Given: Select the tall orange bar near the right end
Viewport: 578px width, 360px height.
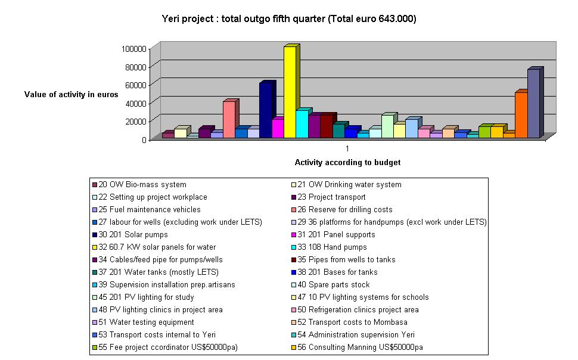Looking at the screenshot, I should (521, 115).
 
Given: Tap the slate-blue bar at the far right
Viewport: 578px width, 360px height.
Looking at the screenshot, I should (533, 104).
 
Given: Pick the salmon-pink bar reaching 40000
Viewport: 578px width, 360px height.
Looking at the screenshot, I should (229, 120).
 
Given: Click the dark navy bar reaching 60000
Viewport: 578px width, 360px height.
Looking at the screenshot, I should (265, 110).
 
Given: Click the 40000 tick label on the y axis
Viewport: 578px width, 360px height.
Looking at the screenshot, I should (136, 103).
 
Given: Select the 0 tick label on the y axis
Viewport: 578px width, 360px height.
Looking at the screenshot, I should (144, 139).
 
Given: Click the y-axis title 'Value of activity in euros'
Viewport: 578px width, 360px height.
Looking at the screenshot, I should (72, 94).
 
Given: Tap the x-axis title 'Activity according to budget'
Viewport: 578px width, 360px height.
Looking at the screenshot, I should (347, 162).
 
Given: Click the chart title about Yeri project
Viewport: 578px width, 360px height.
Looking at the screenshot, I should (289, 19).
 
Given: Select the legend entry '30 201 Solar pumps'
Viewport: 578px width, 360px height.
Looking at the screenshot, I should (128, 235).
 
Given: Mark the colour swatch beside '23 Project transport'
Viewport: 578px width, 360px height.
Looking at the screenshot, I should (293, 197).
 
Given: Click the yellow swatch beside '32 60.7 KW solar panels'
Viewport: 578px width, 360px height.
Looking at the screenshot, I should (94, 247).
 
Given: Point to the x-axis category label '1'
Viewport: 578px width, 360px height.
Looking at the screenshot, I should (347, 148).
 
